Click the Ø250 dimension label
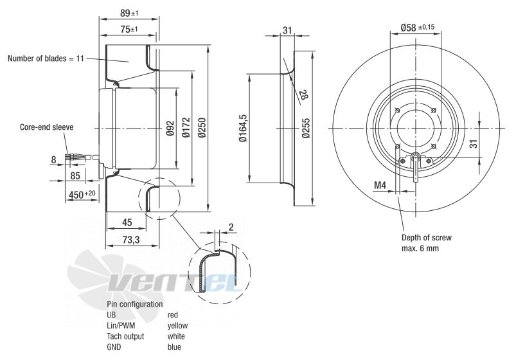[x=202, y=129]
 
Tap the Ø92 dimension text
[x=170, y=129]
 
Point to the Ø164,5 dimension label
[x=243, y=129]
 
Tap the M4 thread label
[x=380, y=186]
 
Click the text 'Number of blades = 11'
[x=46, y=59]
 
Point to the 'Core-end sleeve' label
[x=46, y=127]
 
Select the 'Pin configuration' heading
[x=135, y=304]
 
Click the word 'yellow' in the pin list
[x=177, y=326]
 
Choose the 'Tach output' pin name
[x=125, y=336]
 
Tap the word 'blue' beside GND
[x=173, y=347]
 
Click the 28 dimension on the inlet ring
[x=302, y=95]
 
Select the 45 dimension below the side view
[x=127, y=222]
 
